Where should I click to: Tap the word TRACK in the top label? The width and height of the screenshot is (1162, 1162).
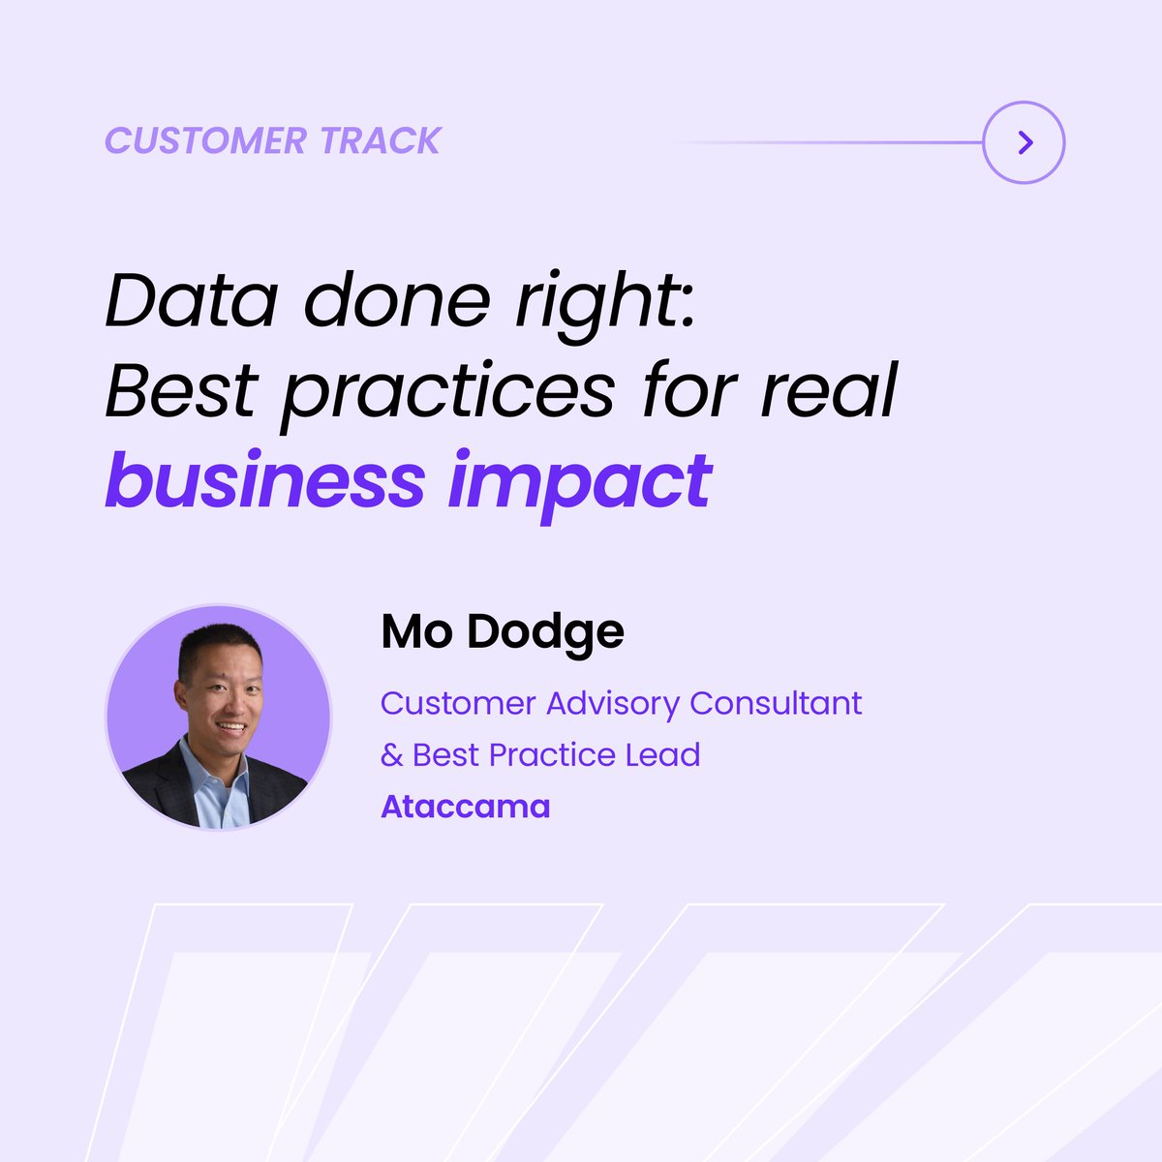pos(381,141)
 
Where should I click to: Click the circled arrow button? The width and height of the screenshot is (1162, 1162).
pos(1024,142)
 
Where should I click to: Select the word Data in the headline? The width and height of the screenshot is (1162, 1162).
pos(191,299)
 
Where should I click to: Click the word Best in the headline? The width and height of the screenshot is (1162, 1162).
pos(181,390)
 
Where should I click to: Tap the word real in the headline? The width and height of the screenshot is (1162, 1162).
pos(829,390)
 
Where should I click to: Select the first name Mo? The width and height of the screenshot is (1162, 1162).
pos(416,631)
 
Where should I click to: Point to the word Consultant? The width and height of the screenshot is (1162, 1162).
pos(776,702)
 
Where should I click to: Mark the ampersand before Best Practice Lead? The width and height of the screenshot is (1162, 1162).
pos(391,755)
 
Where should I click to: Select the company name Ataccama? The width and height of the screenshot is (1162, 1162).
pos(466,807)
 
